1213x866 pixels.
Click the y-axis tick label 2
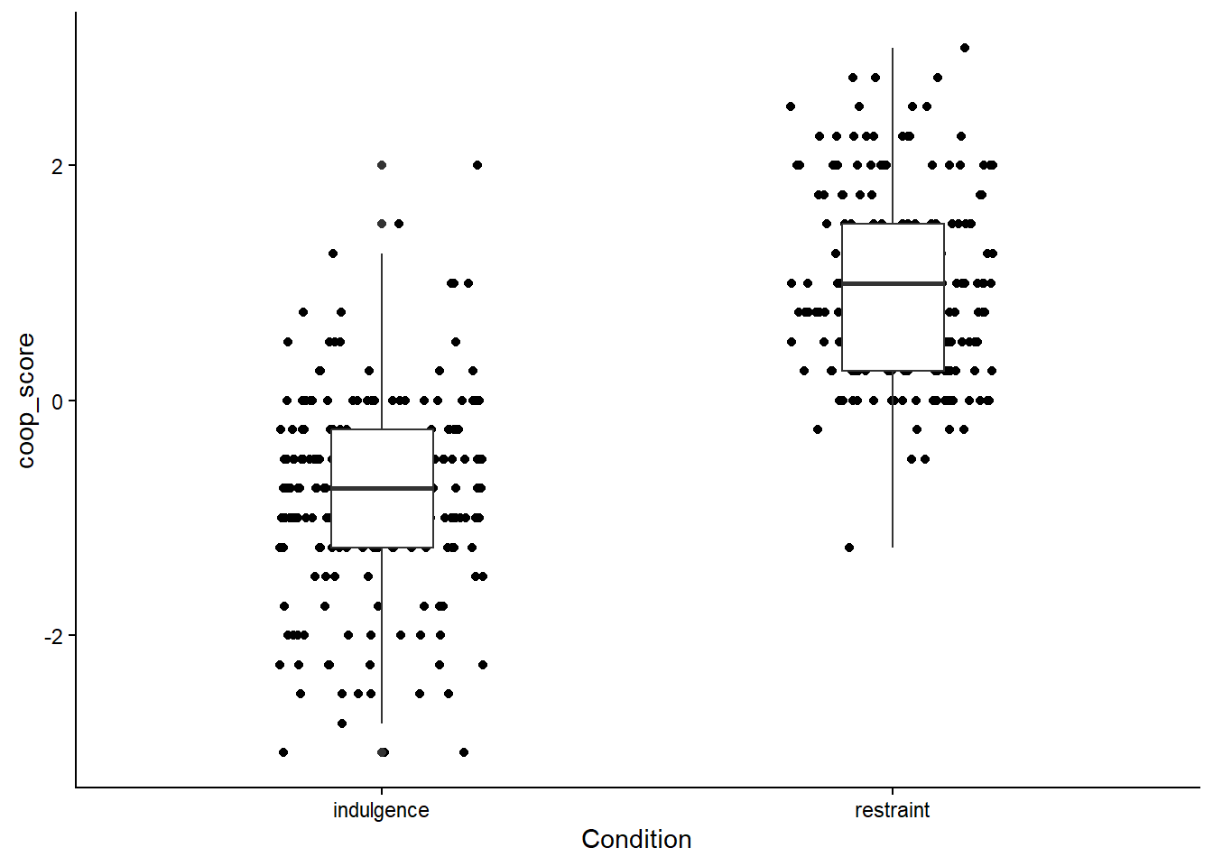pos(57,166)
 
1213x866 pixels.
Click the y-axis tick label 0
pos(57,401)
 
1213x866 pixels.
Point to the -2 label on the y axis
pos(54,636)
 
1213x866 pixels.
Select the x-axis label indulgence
pos(381,810)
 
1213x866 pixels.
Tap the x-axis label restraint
pos(892,810)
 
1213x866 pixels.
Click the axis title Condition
pos(636,839)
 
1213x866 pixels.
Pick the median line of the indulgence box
pos(382,488)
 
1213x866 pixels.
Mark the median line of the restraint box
pos(893,283)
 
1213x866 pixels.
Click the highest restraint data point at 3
pos(965,48)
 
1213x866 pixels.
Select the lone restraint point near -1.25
pos(849,548)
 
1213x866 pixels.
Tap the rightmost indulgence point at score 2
pos(477,165)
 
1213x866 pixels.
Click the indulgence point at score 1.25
pos(333,253)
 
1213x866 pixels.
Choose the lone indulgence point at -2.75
pos(342,723)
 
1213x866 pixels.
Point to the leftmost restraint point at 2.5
pos(791,106)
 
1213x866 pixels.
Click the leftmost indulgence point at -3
pos(283,752)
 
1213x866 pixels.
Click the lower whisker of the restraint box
pos(893,460)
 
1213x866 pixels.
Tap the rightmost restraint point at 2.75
pos(938,78)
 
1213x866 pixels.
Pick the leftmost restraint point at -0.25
pos(818,429)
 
